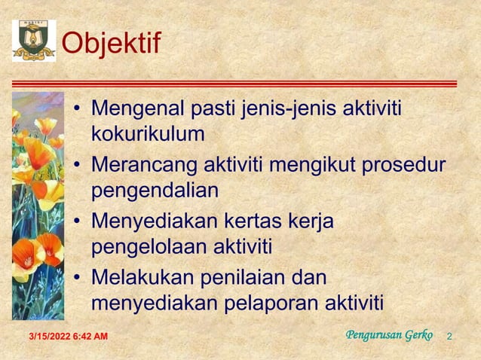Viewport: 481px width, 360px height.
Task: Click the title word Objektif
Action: click(x=111, y=44)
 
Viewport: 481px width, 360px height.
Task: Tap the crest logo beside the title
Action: click(x=33, y=41)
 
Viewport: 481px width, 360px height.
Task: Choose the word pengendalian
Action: click(x=155, y=191)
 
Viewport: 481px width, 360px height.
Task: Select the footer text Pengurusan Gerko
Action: click(x=389, y=334)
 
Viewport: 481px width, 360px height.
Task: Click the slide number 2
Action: click(x=449, y=335)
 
